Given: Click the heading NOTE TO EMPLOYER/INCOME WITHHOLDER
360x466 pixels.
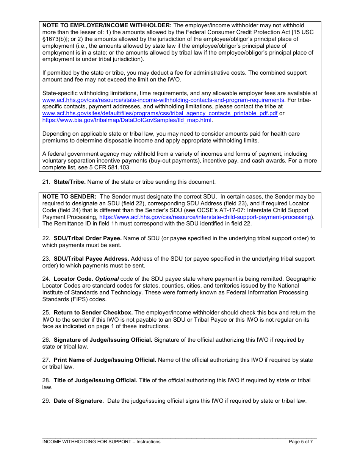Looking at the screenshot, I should [x=107, y=25].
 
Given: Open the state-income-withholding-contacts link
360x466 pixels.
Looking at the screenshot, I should [x=163, y=100].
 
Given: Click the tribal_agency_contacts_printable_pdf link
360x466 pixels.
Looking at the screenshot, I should [x=160, y=113].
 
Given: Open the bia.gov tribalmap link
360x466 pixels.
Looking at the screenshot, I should [x=127, y=120].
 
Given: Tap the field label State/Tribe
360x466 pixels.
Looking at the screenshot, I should [x=70, y=182].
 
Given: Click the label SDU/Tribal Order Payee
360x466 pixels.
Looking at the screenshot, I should [x=88, y=238].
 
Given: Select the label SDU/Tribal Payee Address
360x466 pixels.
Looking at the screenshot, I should [x=91, y=259].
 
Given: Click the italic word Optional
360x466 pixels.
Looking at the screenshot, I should [x=107, y=279].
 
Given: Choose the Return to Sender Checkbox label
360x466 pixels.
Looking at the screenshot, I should [x=93, y=313].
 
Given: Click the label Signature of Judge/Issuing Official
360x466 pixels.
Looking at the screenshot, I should [x=103, y=340].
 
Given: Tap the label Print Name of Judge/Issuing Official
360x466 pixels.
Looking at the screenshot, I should [x=105, y=360].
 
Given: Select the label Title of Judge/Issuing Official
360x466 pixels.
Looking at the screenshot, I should [x=95, y=380].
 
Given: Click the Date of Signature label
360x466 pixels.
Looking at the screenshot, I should [x=78, y=401].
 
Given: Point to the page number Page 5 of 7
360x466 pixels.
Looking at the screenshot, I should [x=301, y=442].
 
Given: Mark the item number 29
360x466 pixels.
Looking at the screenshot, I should [x=46, y=401].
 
